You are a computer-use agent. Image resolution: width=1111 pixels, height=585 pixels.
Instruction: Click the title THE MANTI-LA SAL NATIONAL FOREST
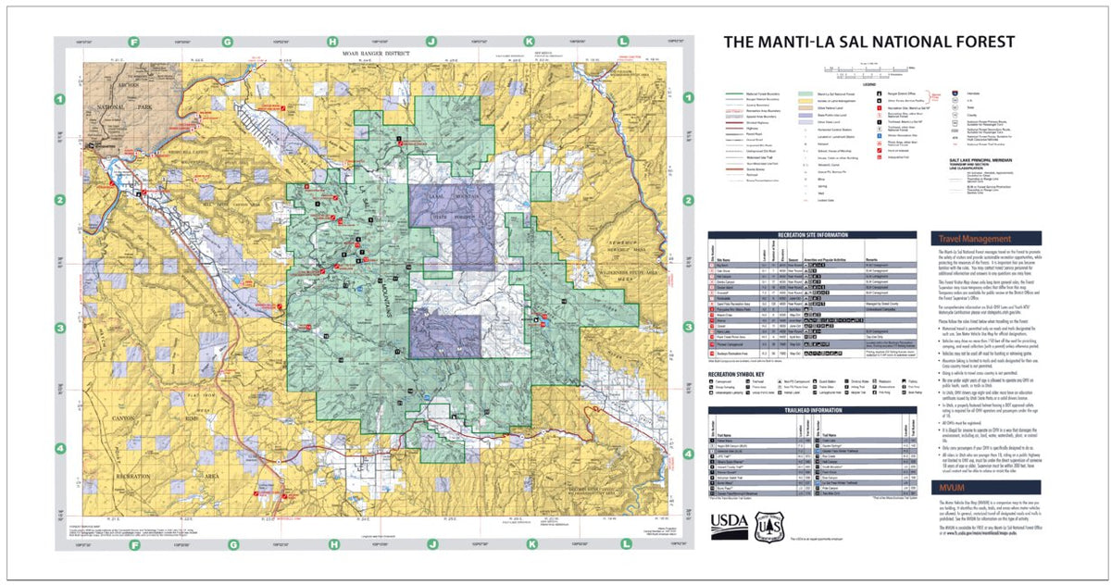coord(868,42)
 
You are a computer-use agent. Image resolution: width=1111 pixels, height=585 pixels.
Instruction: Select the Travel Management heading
coord(975,238)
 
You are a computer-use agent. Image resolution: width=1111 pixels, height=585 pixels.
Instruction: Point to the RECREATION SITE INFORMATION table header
coord(813,236)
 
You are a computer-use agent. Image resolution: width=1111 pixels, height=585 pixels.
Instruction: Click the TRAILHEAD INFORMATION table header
coord(813,408)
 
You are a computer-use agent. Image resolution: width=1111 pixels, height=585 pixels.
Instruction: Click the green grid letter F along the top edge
coord(135,42)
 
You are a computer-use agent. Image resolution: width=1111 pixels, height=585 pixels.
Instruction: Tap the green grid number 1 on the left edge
coord(60,99)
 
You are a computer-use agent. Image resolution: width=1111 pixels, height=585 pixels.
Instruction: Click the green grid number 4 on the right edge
coord(687,454)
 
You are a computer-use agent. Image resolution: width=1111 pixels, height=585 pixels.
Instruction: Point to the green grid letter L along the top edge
coord(623,42)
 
